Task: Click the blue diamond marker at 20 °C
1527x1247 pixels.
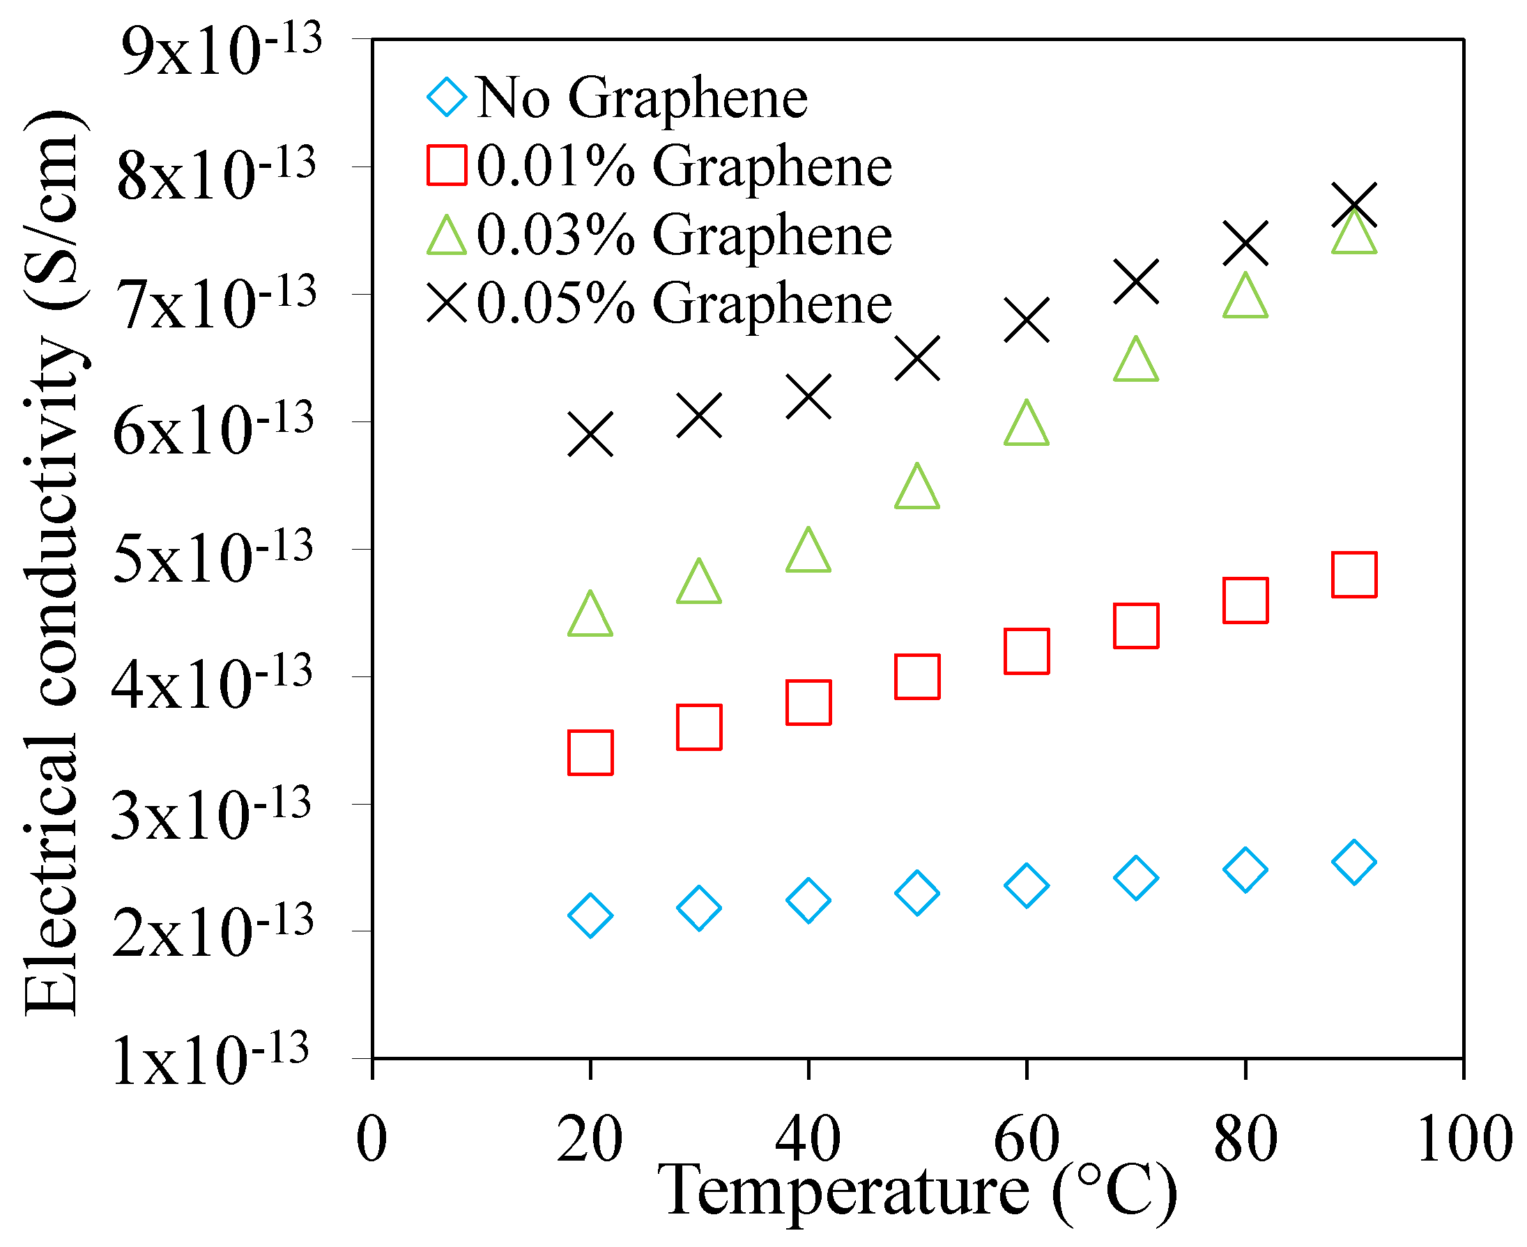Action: click(x=590, y=916)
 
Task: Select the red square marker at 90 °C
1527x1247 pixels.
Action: click(x=1354, y=575)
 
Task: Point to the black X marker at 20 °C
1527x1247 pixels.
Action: click(x=590, y=435)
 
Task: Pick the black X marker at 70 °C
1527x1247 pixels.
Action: click(x=1136, y=281)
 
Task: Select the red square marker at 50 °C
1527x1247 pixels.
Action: click(x=917, y=676)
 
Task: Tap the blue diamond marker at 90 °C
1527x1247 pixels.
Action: click(x=1354, y=862)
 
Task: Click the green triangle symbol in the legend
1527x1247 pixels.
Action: click(x=446, y=236)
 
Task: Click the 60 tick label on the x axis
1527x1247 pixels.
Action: click(x=1026, y=1139)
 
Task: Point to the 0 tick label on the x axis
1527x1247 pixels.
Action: click(x=371, y=1139)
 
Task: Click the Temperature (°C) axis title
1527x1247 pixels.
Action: click(x=916, y=1193)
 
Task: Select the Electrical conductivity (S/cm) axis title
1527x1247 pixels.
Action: click(x=54, y=564)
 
